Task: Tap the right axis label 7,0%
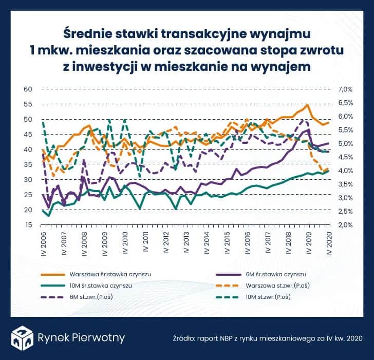pyautogui.click(x=344, y=89)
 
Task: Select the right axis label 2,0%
pyautogui.click(x=344, y=225)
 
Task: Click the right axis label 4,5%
pyautogui.click(x=344, y=157)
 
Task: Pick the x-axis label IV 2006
pyautogui.click(x=44, y=243)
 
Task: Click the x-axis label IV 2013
pyautogui.click(x=186, y=243)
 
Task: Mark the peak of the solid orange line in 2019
pyautogui.click(x=307, y=105)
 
